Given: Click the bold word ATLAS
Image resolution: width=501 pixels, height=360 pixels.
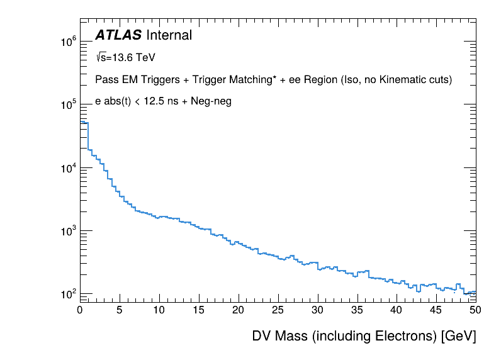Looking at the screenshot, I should [118, 36].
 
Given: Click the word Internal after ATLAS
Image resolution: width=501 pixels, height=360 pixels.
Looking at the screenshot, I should [169, 36].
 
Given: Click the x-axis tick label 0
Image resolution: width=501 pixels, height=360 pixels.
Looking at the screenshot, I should [80, 310].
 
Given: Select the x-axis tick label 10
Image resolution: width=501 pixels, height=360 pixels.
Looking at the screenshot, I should [159, 310].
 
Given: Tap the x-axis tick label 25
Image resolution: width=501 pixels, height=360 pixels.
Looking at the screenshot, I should [278, 310].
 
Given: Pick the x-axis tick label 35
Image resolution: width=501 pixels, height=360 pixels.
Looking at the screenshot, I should [357, 310].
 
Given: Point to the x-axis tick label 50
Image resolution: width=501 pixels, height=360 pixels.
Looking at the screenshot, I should [475, 310].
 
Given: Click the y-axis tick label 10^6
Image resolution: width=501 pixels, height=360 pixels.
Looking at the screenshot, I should [68, 42].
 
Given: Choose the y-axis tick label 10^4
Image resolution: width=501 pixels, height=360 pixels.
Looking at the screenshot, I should [68, 168].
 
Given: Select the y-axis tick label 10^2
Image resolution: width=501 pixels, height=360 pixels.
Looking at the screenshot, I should [68, 294].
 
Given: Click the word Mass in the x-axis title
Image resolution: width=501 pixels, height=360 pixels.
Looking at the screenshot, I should [292, 336].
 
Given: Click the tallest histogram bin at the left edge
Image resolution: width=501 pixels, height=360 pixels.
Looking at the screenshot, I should [84, 123].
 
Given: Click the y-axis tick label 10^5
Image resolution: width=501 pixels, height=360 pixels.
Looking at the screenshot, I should [68, 105].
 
